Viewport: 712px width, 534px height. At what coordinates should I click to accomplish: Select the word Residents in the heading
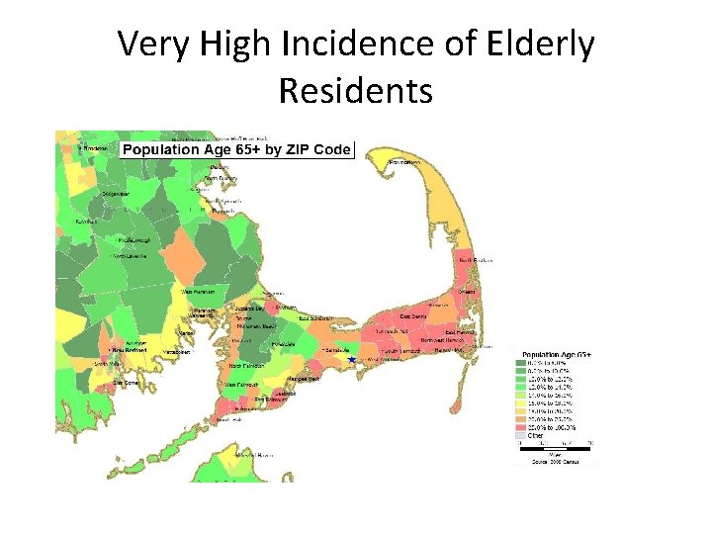[355, 90]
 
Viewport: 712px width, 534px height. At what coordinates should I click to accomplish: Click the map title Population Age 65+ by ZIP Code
[235, 149]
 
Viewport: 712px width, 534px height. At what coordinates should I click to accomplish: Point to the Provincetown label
[403, 161]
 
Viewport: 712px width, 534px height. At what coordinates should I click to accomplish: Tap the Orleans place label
[468, 293]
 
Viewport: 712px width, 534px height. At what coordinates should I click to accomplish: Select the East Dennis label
[413, 316]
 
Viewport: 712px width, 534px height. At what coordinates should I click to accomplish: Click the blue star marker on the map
[351, 360]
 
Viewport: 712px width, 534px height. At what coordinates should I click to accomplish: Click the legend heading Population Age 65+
[556, 354]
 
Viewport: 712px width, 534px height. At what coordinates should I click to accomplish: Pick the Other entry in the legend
[535, 435]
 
